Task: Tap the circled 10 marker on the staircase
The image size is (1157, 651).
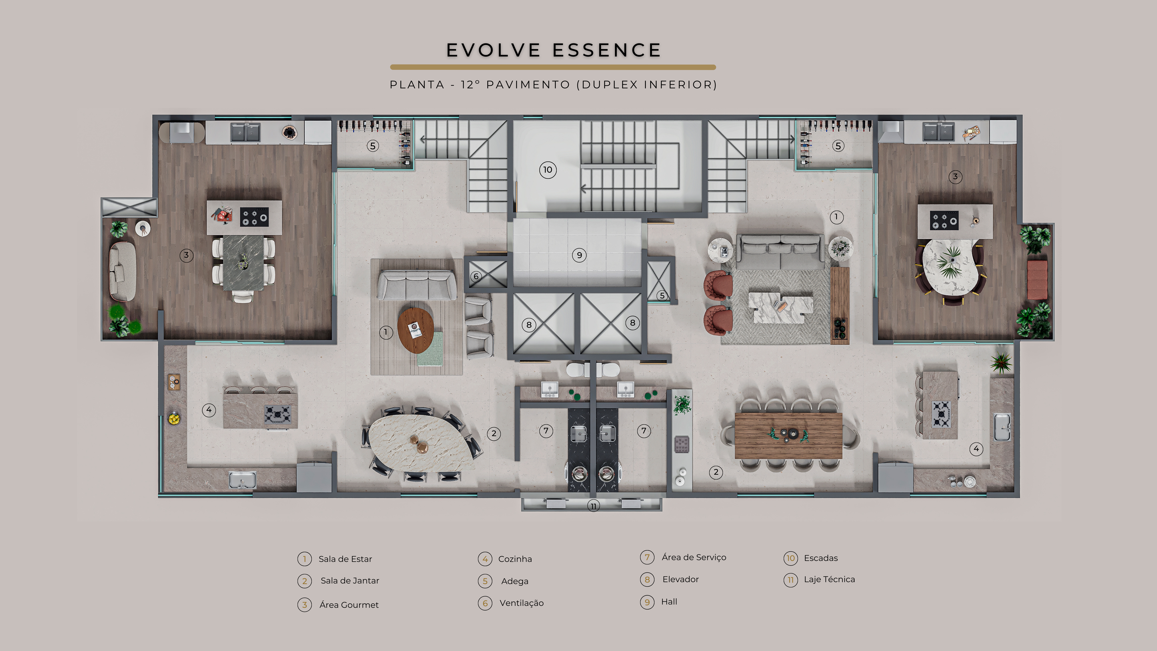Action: pyautogui.click(x=547, y=170)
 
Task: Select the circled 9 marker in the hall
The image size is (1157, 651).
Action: pyautogui.click(x=579, y=255)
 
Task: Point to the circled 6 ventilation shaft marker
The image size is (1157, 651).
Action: pyautogui.click(x=476, y=276)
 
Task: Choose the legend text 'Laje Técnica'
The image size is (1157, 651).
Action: pyautogui.click(x=829, y=579)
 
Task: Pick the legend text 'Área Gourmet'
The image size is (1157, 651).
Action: pyautogui.click(x=349, y=605)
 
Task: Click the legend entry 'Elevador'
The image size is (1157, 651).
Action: pyautogui.click(x=681, y=579)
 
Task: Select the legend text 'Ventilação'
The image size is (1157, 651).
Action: pyautogui.click(x=521, y=603)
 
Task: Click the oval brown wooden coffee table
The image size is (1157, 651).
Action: pyautogui.click(x=416, y=330)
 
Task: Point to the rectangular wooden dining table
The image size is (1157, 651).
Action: pyautogui.click(x=788, y=435)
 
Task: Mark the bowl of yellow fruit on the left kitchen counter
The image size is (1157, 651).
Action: pyautogui.click(x=174, y=419)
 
